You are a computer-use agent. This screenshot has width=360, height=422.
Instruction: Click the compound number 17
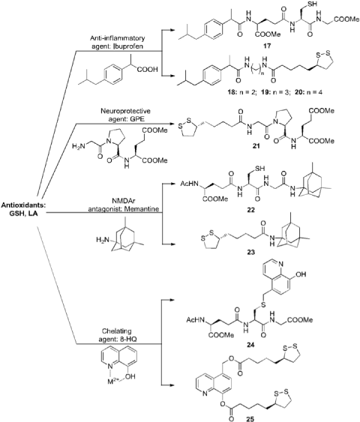click(x=267, y=46)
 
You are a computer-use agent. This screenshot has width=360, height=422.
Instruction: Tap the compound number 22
click(x=250, y=210)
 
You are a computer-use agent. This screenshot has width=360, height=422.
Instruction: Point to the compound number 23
click(x=250, y=253)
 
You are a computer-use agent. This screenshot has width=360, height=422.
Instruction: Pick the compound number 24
click(x=250, y=345)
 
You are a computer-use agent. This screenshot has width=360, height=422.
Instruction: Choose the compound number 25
click(x=250, y=418)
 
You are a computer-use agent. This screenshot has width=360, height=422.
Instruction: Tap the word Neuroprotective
click(x=125, y=111)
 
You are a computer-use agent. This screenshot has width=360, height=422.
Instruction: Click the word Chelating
click(x=116, y=331)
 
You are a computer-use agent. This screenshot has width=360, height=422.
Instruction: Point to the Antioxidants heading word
click(x=24, y=205)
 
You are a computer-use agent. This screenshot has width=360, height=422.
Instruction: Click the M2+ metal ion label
click(x=114, y=382)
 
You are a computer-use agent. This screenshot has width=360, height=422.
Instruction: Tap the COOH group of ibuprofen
click(x=148, y=70)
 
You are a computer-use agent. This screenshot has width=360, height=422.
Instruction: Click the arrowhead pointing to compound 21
click(x=171, y=124)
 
